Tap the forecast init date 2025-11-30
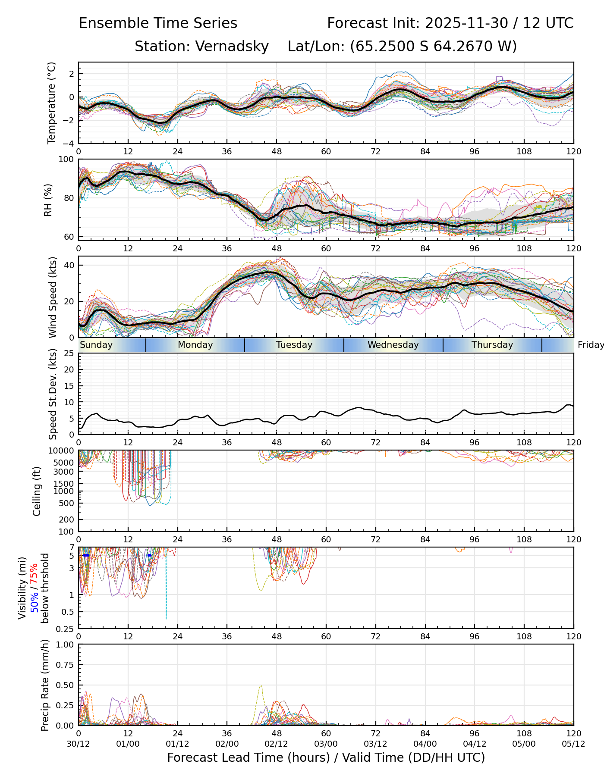pos(467,23)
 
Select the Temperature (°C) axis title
pos(52,103)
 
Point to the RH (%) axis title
pos(48,200)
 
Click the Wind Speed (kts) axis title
pos(53,297)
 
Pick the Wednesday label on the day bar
pos(393,345)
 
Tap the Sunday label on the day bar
pos(96,345)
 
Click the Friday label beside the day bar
pos(590,345)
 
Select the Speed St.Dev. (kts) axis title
pos(53,394)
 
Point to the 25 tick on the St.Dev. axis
pos(69,354)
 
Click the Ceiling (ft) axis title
pos(37,491)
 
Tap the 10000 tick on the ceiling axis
pos(62,451)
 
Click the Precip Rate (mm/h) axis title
pos(45,685)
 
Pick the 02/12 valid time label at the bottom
pos(277,744)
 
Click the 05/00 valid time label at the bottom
pos(524,744)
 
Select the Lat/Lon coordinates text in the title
pos(402,46)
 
